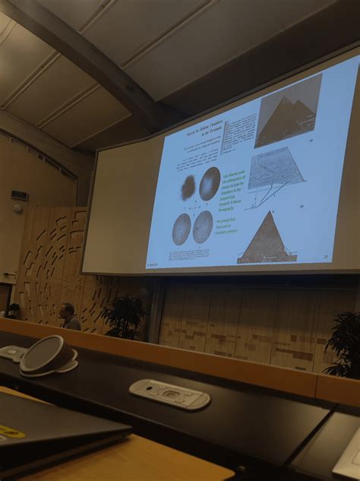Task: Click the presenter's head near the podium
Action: (67, 310)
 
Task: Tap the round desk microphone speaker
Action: (47, 354)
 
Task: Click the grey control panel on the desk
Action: (169, 393)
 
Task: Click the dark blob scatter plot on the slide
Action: (188, 186)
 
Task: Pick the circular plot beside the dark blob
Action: (210, 183)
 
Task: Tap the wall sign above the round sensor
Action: (20, 195)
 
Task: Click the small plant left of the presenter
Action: (13, 309)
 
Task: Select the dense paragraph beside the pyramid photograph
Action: (238, 138)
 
